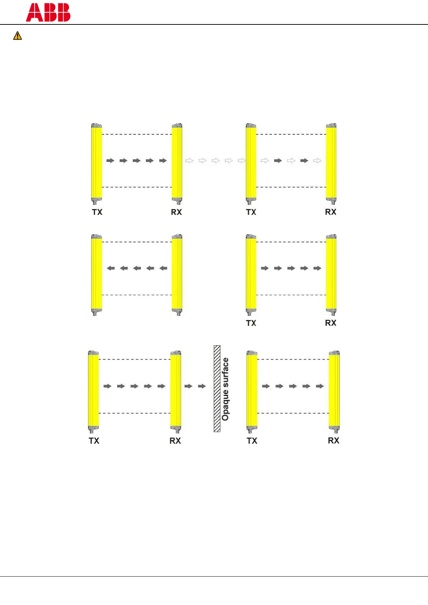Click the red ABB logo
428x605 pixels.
coord(48,13)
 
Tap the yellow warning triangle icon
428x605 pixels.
coord(17,36)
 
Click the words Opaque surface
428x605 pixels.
coord(225,389)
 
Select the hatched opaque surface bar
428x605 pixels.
coord(217,388)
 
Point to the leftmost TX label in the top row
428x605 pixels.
coord(97,212)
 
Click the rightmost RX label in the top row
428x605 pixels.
coord(330,212)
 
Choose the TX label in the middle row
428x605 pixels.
coord(251,323)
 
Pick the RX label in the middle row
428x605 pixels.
coord(330,323)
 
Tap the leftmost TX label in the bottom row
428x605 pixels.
coord(94,440)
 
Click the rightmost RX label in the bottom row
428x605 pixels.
coord(333,440)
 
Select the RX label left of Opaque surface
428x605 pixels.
coord(175,440)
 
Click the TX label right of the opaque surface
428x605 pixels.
coord(252,440)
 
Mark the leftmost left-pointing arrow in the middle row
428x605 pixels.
coord(111,268)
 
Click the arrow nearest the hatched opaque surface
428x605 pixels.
coord(202,386)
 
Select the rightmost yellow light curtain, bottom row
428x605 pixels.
coord(334,390)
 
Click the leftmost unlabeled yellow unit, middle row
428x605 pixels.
coord(96,273)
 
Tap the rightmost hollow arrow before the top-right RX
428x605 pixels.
coord(317,161)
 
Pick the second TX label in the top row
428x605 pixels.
coord(251,212)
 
